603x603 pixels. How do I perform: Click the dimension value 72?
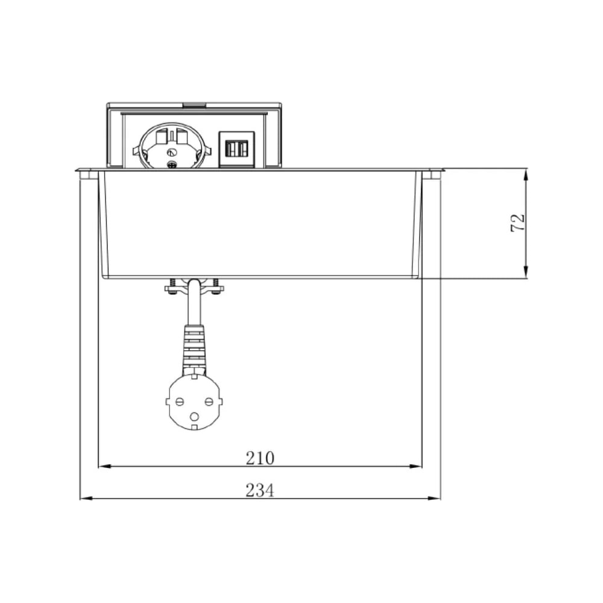pyautogui.click(x=517, y=223)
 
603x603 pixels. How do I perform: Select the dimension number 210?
pyautogui.click(x=260, y=458)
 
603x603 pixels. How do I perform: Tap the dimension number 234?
pyautogui.click(x=260, y=490)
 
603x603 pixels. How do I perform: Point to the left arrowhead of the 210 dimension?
pyautogui.click(x=105, y=466)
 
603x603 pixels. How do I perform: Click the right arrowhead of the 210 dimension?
pyautogui.click(x=415, y=466)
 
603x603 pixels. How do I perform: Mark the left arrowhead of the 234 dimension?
pyautogui.click(x=86, y=499)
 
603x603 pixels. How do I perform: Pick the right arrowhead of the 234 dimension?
pyautogui.click(x=434, y=499)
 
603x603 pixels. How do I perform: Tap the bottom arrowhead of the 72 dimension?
pyautogui.click(x=526, y=272)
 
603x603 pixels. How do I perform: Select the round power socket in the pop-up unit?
pyautogui.click(x=172, y=146)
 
